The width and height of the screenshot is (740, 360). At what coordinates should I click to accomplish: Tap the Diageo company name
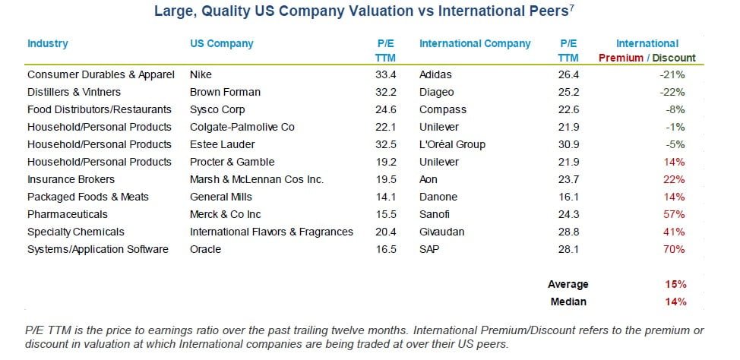436,92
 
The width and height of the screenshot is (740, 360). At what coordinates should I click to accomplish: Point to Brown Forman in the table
225,92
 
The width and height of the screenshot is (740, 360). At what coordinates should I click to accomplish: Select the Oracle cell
205,249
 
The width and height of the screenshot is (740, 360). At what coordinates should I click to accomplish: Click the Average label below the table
568,284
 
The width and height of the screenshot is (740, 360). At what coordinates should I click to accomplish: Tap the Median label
568,302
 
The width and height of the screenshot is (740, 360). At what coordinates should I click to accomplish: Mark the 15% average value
675,284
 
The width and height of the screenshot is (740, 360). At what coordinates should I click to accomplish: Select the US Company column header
221,43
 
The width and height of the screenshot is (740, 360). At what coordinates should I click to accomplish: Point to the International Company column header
475,43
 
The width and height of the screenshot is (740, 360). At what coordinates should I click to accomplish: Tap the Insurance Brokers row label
71,179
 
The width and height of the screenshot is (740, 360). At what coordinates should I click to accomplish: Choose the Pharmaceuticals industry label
67,214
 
